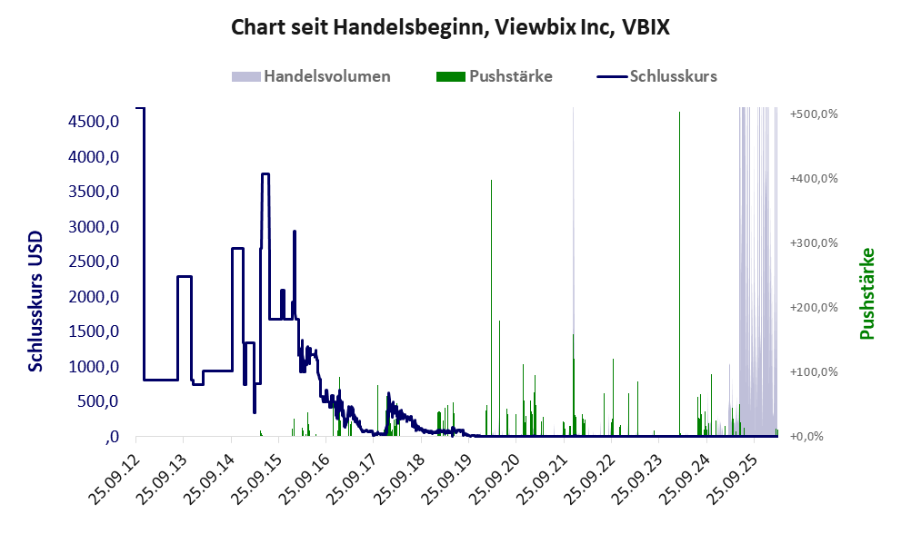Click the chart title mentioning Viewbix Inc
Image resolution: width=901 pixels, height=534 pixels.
tap(450, 27)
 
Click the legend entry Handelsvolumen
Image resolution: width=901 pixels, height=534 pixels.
tap(326, 76)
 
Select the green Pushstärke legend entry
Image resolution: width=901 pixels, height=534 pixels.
tap(510, 76)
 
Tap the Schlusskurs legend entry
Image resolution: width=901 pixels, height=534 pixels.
tap(673, 76)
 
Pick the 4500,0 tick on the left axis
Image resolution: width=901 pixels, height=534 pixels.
tap(93, 122)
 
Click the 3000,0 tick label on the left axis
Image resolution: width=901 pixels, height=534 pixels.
tap(93, 227)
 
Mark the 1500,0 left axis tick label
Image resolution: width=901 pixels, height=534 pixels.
tap(93, 331)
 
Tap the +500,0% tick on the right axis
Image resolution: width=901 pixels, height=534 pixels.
tap(813, 114)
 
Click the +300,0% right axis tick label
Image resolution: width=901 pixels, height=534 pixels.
tap(813, 243)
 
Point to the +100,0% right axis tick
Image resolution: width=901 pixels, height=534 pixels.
tap(813, 372)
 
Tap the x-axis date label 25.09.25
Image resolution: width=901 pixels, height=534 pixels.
tap(735, 470)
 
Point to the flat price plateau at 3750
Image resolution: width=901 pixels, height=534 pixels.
tap(265, 174)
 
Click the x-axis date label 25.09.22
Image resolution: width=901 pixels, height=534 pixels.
tap(592, 470)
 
